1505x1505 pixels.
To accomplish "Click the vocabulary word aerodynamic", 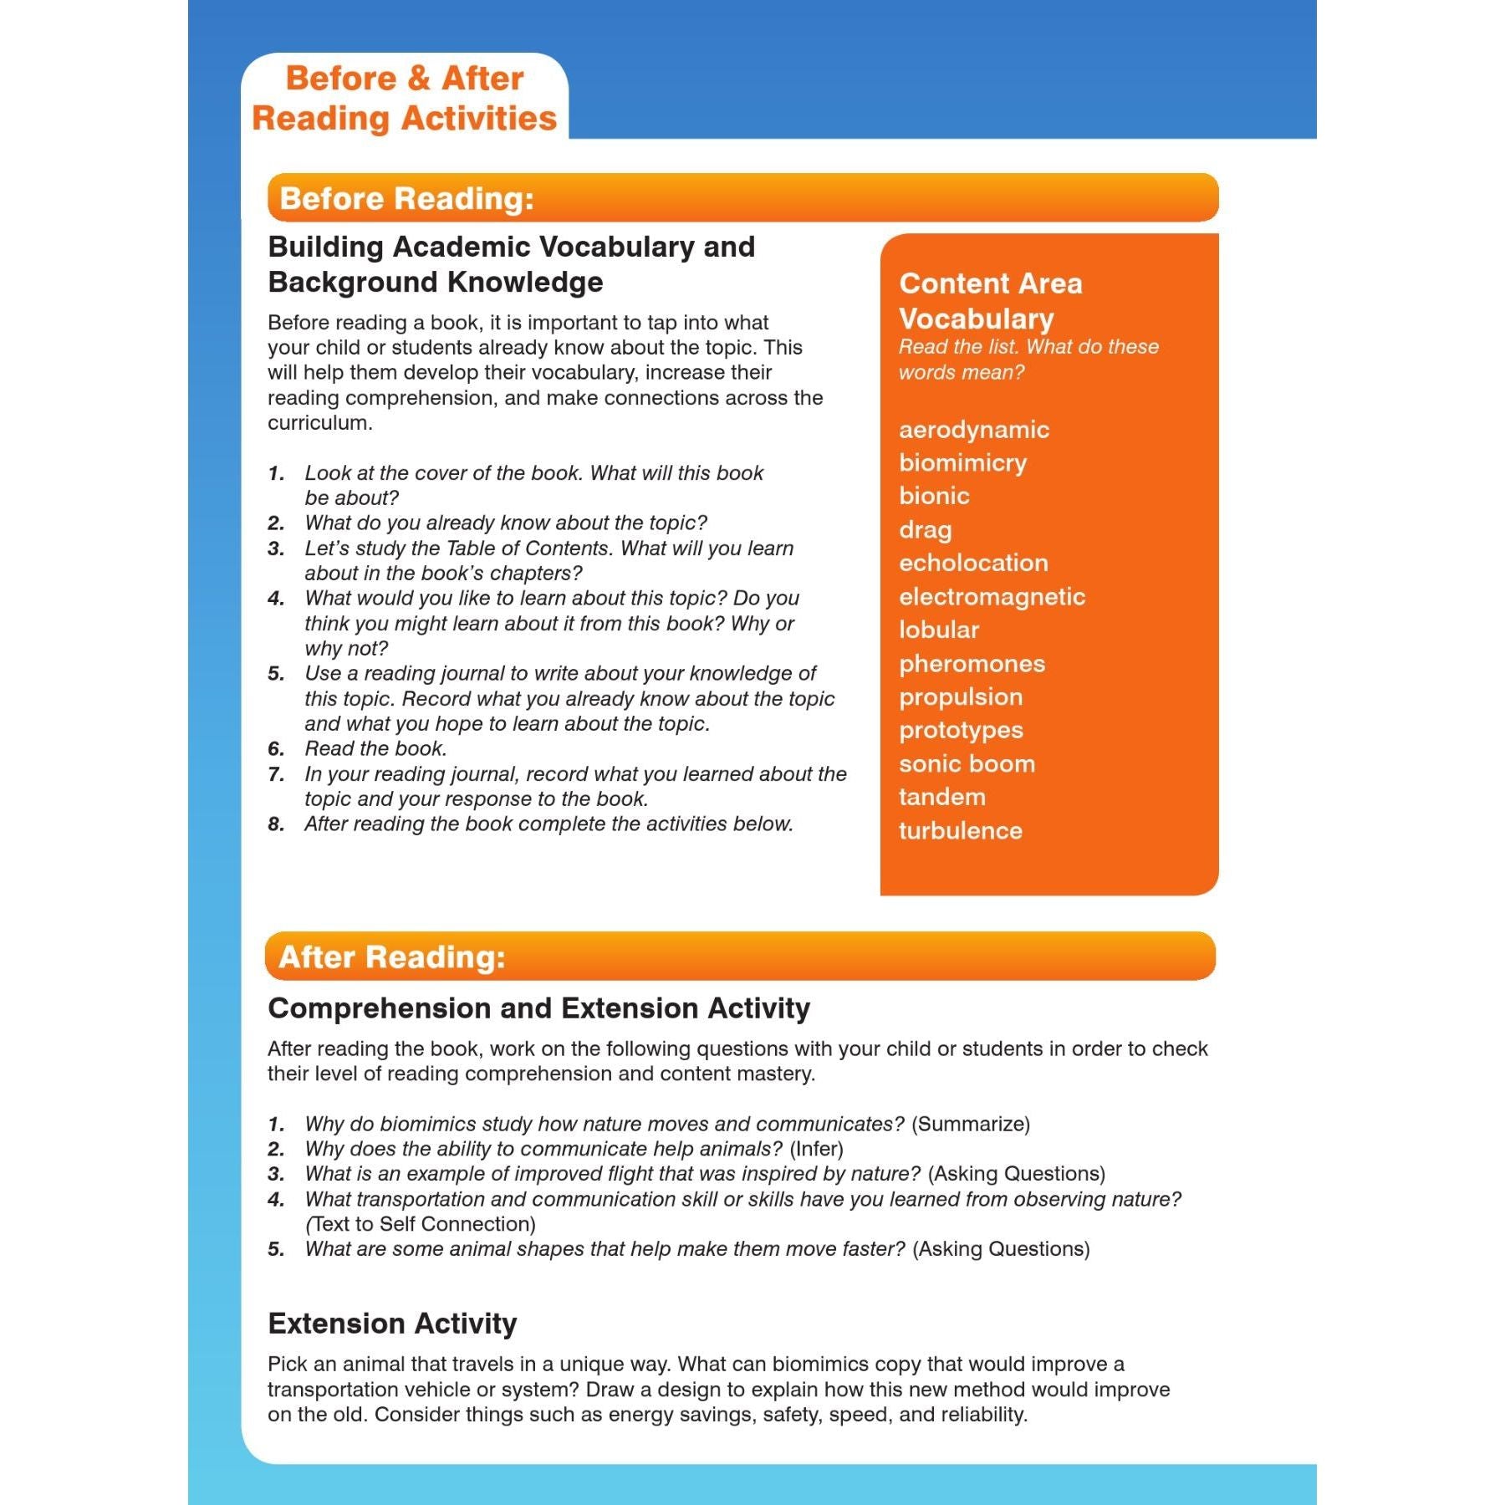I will point(973,430).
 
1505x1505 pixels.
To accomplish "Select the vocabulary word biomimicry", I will point(962,462).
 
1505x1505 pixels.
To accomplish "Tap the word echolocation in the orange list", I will point(973,563).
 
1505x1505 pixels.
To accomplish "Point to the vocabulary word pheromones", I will point(972,664).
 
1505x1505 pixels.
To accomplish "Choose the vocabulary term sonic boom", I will point(967,763).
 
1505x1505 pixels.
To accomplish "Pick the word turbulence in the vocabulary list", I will point(960,830).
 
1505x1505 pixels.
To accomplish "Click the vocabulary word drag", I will point(925,530).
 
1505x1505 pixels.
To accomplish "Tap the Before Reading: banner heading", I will point(406,199).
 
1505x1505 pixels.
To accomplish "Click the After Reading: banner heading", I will point(392,957).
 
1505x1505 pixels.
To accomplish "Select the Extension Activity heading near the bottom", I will point(392,1324).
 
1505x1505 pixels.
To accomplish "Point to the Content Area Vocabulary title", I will point(990,301).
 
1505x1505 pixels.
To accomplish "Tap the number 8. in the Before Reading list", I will point(276,824).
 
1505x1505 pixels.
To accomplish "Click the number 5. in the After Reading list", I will point(276,1249).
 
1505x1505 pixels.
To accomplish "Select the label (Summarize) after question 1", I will point(970,1124).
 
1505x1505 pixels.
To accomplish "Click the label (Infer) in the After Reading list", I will point(816,1149).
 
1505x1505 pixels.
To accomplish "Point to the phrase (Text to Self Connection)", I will point(421,1224).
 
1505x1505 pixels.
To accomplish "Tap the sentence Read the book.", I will point(375,748).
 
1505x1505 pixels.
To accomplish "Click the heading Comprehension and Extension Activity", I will point(538,1008).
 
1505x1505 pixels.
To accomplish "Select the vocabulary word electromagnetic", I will point(992,597).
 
